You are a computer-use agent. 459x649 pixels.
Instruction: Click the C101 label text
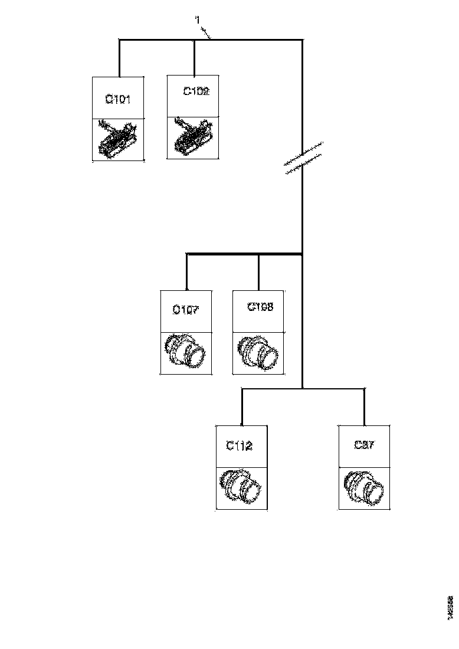[x=118, y=99]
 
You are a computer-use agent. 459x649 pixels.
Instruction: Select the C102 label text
[x=196, y=91]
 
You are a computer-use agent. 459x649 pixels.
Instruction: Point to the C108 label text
[x=260, y=307]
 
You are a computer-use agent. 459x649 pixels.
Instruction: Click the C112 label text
[x=240, y=446]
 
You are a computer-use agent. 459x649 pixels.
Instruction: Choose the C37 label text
[x=363, y=445]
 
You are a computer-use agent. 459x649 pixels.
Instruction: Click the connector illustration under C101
[x=118, y=139]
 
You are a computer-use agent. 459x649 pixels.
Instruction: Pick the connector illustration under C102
[x=194, y=138]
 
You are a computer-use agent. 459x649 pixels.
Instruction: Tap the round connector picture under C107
[x=186, y=352]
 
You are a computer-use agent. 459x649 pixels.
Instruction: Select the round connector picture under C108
[x=259, y=353]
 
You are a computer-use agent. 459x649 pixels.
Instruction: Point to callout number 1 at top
[x=198, y=21]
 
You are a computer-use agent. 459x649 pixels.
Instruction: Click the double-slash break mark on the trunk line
[x=303, y=159]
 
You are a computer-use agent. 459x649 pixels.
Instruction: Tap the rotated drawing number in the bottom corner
[x=450, y=607]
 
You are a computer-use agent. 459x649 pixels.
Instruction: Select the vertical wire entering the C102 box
[x=195, y=57]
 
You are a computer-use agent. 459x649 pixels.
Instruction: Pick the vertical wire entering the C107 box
[x=186, y=272]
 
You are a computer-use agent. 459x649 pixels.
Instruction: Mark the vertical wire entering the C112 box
[x=242, y=407]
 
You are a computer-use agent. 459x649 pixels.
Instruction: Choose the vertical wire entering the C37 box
[x=364, y=407]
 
